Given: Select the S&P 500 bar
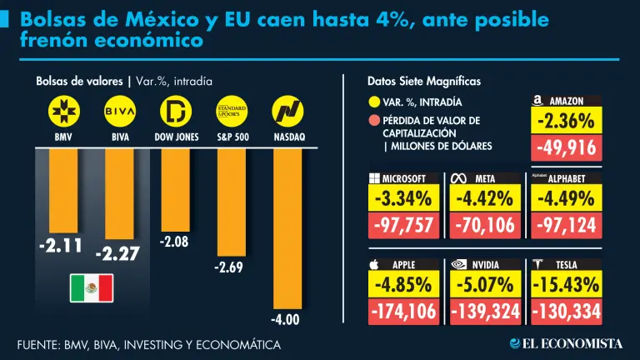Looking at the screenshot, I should click(x=232, y=201).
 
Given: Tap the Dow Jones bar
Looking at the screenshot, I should click(x=175, y=188).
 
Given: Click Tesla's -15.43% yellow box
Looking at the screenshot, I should click(x=566, y=283).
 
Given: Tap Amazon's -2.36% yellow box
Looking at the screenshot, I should click(x=566, y=122).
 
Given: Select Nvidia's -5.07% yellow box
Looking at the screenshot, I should click(x=484, y=283).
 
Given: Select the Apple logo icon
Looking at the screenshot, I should click(x=374, y=264).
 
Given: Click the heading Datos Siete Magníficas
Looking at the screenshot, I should click(x=423, y=81).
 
